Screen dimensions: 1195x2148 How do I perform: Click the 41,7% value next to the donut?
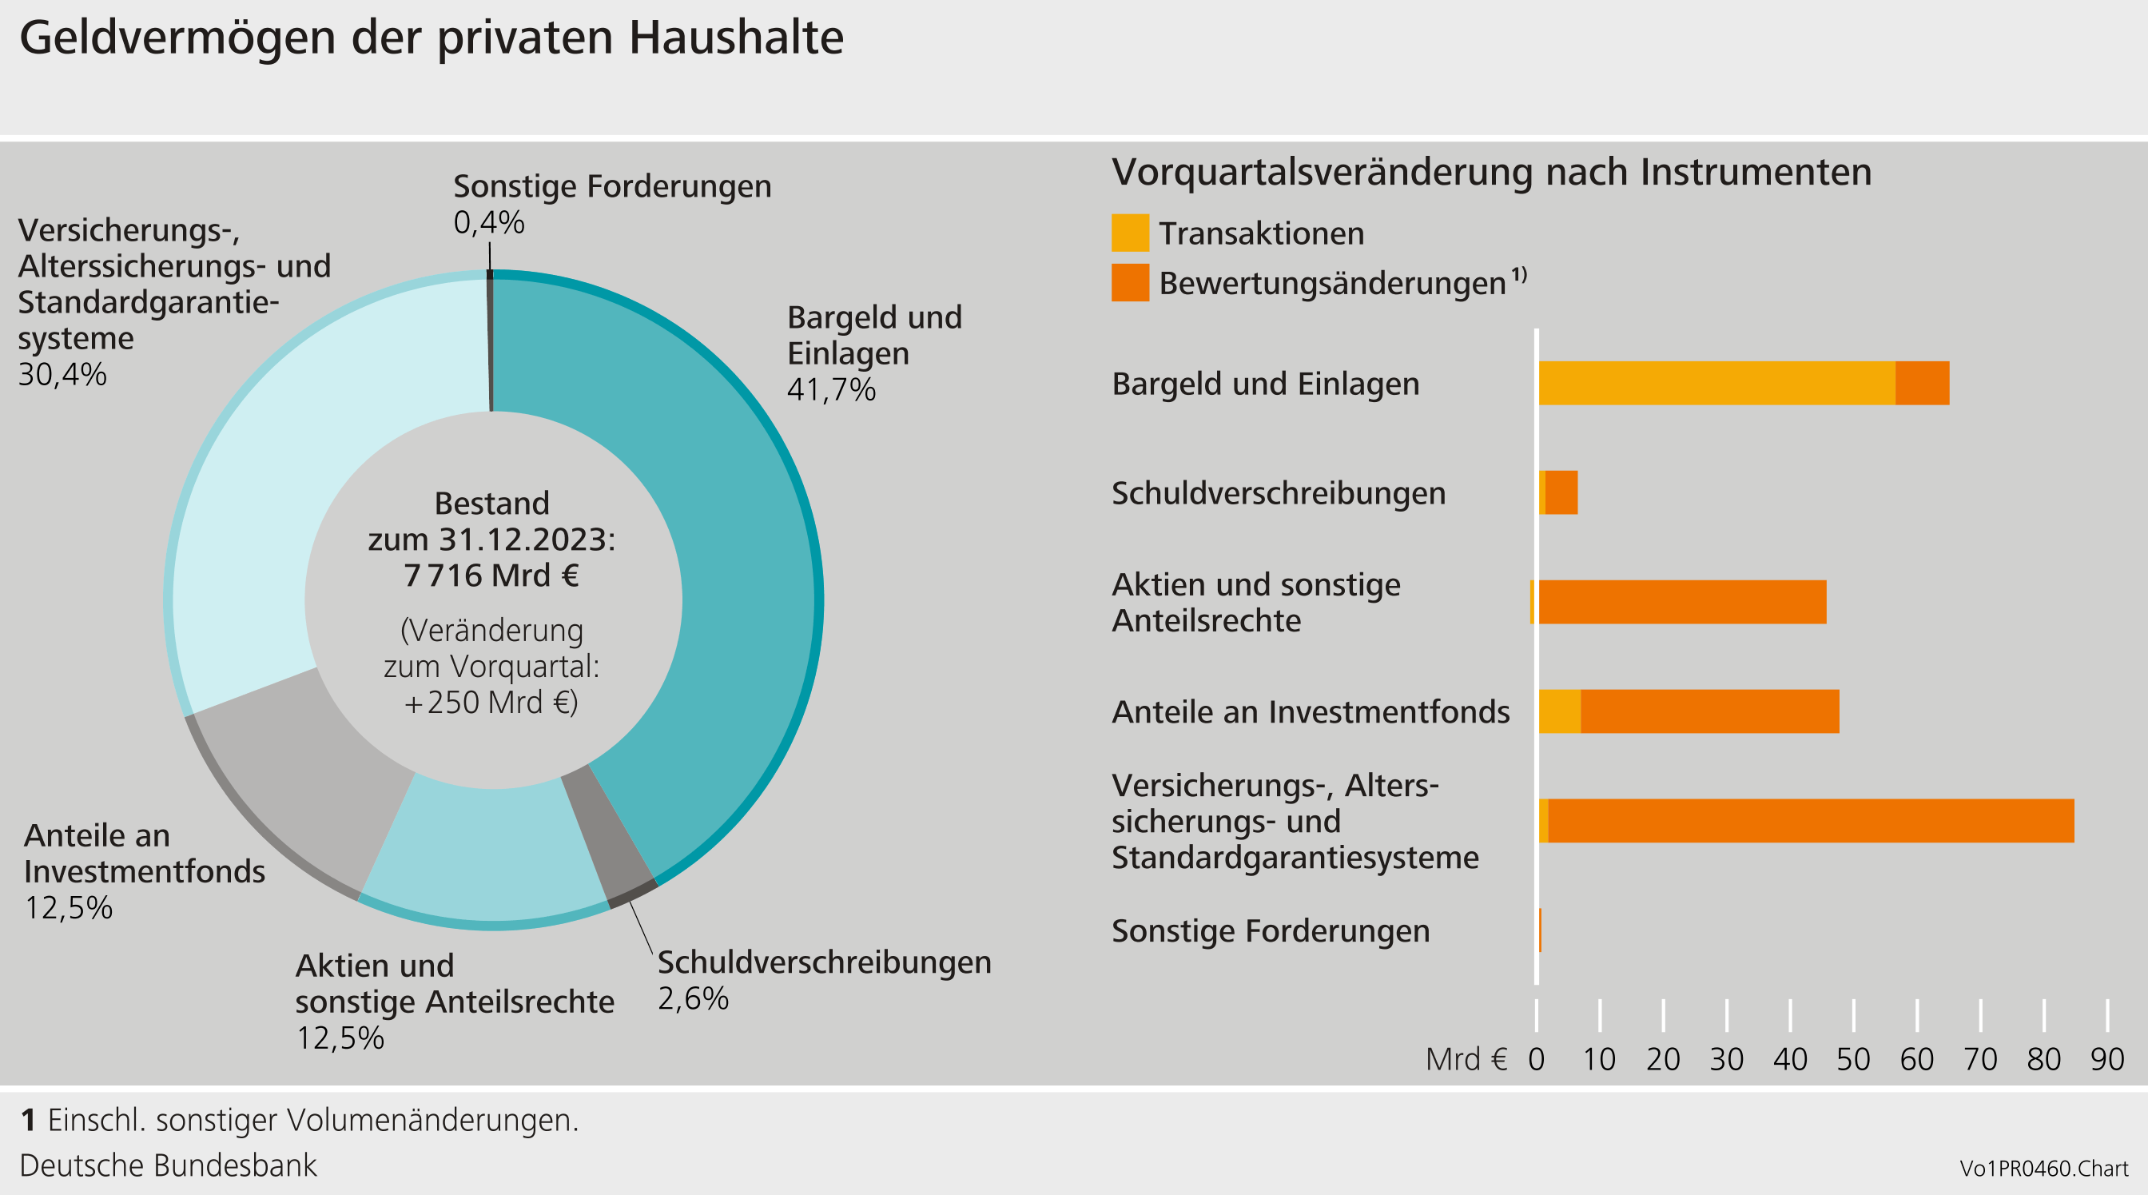830,390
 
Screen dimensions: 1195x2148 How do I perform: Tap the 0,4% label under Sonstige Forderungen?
488,223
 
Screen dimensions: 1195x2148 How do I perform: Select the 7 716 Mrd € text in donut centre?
491,576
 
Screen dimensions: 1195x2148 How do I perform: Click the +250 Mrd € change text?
491,703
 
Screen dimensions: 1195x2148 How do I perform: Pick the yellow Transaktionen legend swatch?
1130,233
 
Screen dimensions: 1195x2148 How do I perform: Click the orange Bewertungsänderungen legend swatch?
1130,283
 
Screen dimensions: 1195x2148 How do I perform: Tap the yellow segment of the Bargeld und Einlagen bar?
1716,384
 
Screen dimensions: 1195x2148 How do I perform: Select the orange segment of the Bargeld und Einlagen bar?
1922,384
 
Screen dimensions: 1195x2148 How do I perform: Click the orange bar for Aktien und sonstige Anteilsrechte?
1682,602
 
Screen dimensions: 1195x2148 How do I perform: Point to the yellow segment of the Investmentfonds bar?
1559,711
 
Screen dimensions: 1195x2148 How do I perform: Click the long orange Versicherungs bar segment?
1809,821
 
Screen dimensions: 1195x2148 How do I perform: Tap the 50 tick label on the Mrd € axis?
1853,1060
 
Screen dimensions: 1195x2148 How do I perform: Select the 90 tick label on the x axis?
2106,1060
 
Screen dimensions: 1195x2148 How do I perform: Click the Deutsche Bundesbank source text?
169,1165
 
